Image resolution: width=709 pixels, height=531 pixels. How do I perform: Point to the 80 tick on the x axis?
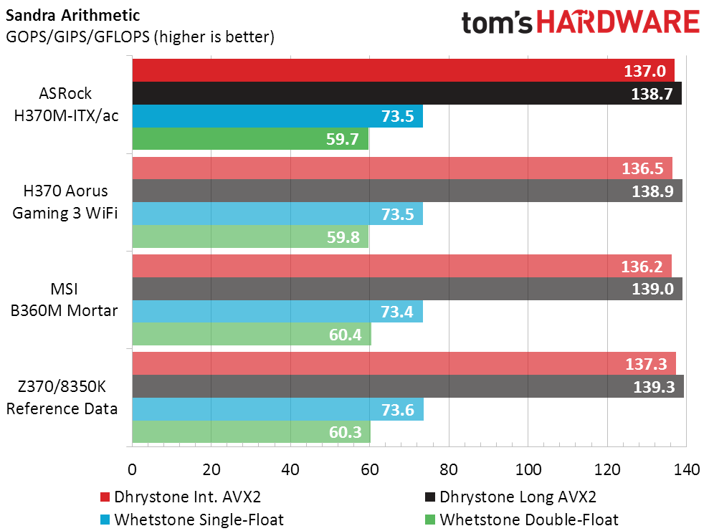(x=449, y=469)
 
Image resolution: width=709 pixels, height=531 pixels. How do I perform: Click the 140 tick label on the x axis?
(x=686, y=469)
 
